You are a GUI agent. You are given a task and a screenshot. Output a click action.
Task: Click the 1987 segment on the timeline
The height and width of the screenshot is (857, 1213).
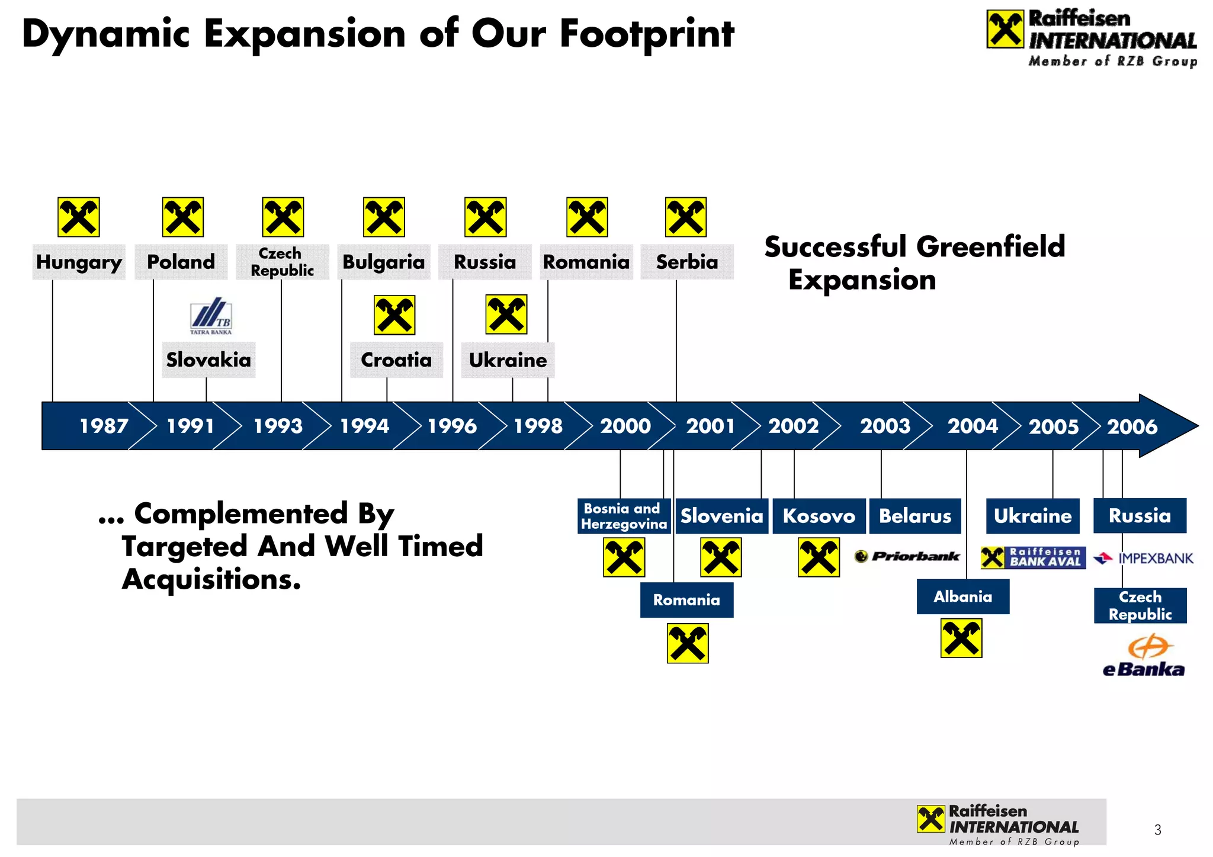click(x=104, y=426)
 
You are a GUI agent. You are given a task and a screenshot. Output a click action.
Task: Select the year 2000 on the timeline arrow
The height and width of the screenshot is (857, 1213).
click(x=625, y=426)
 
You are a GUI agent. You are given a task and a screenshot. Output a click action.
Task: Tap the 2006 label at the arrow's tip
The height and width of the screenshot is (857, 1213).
click(x=1132, y=426)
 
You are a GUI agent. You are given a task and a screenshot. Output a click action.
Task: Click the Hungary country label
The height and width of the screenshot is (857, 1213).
click(x=79, y=262)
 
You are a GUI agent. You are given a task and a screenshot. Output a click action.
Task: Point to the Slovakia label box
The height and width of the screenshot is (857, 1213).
click(x=208, y=360)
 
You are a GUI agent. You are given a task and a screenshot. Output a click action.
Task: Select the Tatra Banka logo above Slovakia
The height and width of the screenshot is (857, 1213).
click(x=211, y=316)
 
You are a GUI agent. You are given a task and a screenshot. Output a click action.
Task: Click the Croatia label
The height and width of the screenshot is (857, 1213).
click(x=396, y=360)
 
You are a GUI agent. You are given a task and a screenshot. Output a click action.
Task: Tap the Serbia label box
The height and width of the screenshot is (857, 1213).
click(x=687, y=262)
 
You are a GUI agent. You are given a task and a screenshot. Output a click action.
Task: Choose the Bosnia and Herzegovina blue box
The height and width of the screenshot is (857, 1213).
click(x=624, y=516)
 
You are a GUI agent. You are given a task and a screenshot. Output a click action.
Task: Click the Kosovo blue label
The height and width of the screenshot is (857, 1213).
click(x=819, y=516)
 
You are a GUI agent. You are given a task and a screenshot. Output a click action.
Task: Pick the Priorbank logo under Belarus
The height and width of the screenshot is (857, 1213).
click(x=907, y=556)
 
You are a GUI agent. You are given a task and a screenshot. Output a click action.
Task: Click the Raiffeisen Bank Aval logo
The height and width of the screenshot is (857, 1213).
click(x=1034, y=557)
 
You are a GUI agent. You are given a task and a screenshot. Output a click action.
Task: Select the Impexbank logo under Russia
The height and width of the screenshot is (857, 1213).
click(x=1143, y=558)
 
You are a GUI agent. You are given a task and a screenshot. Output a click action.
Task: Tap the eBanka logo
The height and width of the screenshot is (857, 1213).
click(x=1144, y=656)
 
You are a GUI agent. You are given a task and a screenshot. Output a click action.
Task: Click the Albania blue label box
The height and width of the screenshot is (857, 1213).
click(x=963, y=596)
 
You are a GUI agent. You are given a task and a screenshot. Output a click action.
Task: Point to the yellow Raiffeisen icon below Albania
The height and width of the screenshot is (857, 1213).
click(x=961, y=638)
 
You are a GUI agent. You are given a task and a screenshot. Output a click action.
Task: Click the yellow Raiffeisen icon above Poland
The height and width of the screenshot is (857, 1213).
click(x=183, y=217)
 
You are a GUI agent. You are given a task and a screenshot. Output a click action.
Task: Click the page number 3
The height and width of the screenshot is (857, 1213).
click(x=1157, y=830)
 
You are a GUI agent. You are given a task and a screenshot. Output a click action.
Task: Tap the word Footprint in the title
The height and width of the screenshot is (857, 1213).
click(x=647, y=34)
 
